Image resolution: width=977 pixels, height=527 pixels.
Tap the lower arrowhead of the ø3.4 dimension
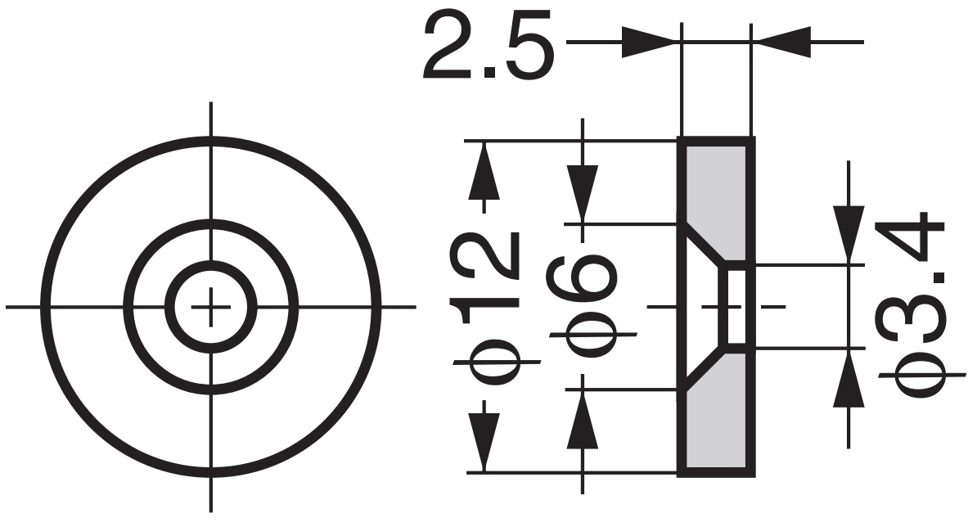click(x=848, y=378)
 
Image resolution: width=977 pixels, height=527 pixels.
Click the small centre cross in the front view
click(x=211, y=307)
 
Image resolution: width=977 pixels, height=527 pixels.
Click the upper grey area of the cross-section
click(x=717, y=188)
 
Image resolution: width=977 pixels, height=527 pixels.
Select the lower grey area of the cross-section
click(x=717, y=426)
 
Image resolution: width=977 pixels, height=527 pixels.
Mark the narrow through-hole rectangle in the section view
click(x=736, y=306)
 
